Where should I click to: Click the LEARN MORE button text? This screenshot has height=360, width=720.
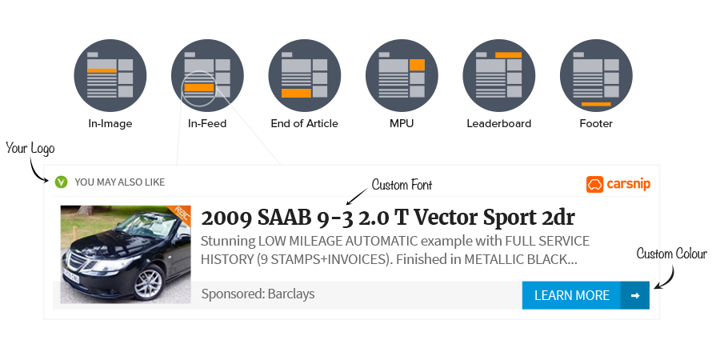(571, 295)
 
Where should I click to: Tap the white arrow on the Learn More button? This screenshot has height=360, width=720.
(635, 295)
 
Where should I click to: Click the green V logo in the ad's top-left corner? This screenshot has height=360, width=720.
(61, 183)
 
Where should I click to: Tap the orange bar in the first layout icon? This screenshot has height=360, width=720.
(102, 70)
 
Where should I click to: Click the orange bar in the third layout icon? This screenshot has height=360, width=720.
(296, 93)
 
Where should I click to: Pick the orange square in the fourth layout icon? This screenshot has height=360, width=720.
(417, 64)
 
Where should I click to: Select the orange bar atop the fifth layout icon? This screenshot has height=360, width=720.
(508, 54)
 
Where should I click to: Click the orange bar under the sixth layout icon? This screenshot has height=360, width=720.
(596, 104)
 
